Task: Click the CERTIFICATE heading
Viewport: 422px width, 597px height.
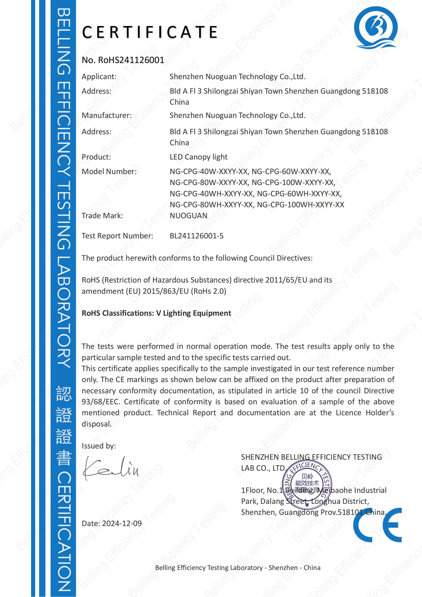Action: tap(150, 32)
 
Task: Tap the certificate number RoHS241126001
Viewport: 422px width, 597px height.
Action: tap(131, 60)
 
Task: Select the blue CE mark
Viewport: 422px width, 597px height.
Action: tap(377, 525)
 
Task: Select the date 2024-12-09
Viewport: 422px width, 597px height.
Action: tap(122, 523)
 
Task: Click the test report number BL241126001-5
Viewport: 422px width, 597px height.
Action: tap(196, 236)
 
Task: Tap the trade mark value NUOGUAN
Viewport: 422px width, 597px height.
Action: tap(188, 216)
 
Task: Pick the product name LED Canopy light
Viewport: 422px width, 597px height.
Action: tap(198, 157)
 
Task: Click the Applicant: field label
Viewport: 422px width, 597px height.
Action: tap(99, 77)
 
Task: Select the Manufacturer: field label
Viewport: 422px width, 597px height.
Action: tap(107, 115)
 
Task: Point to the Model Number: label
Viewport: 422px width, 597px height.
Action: tap(109, 172)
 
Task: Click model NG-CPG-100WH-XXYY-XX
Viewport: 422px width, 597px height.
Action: tap(300, 205)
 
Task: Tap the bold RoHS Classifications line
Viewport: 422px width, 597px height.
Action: tap(156, 313)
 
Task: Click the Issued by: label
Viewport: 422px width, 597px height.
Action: tap(99, 446)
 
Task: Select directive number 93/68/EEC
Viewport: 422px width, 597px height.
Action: tap(101, 402)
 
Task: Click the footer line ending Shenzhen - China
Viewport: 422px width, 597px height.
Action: tap(238, 568)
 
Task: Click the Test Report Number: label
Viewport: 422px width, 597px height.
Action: tap(117, 236)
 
